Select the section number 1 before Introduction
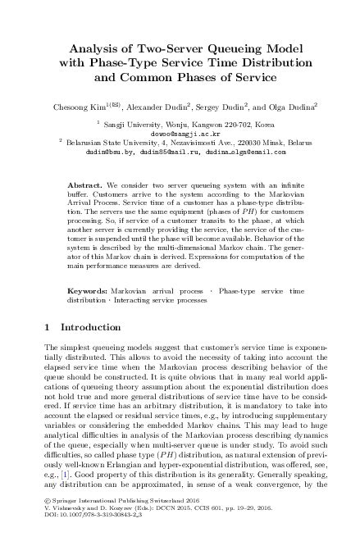click(x=46, y=329)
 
